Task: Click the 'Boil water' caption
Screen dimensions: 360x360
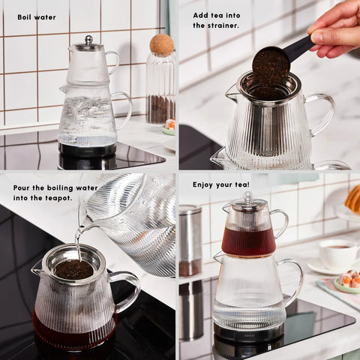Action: [x=37, y=17]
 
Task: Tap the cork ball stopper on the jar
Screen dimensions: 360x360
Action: [x=162, y=44]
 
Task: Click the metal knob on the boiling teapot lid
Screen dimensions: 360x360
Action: [x=88, y=40]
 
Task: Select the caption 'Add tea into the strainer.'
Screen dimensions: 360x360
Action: [x=217, y=20]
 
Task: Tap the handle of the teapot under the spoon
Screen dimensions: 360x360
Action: [x=322, y=112]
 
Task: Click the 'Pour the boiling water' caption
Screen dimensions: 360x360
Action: [x=55, y=188]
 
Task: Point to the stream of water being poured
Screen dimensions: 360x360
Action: [x=79, y=240]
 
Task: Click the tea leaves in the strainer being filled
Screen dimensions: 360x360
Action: [x=74, y=269]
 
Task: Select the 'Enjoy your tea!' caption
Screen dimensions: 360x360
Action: [x=221, y=184]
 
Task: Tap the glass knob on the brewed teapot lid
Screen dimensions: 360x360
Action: [x=247, y=197]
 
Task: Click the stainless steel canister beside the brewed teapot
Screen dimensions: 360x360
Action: [x=190, y=241]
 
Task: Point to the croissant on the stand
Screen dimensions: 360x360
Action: [x=353, y=199]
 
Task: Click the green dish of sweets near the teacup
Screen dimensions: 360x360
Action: [x=347, y=283]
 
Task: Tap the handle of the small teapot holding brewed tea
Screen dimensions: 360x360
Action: [x=282, y=223]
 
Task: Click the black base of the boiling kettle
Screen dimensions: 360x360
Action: [x=87, y=149]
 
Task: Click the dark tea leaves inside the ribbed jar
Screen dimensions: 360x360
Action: [x=160, y=109]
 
